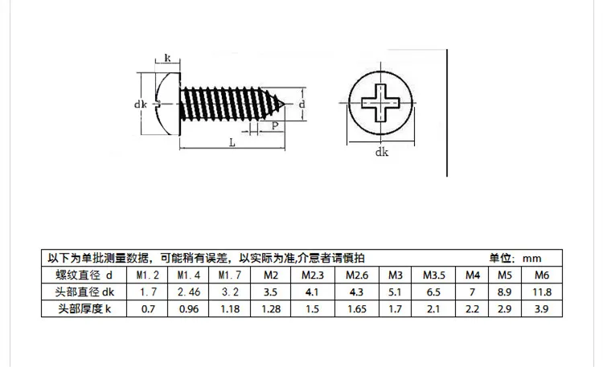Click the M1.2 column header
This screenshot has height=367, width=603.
click(144, 275)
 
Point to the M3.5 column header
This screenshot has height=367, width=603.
click(434, 275)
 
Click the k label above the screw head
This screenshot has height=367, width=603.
click(167, 58)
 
